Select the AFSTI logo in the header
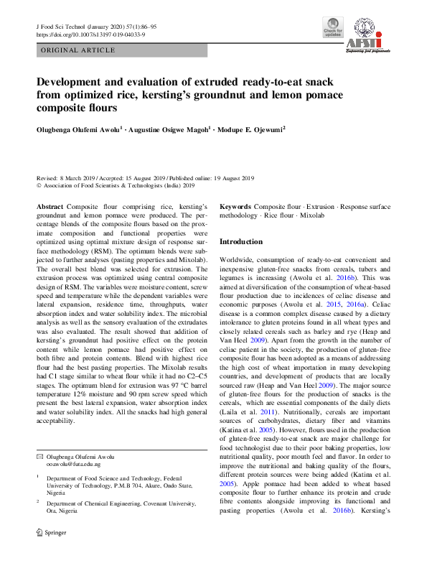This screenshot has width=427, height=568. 369,37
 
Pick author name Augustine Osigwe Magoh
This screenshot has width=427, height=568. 166,130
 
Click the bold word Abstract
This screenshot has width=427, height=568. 50,206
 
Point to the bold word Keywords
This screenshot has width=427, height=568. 235,206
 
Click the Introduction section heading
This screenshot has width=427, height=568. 241,242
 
